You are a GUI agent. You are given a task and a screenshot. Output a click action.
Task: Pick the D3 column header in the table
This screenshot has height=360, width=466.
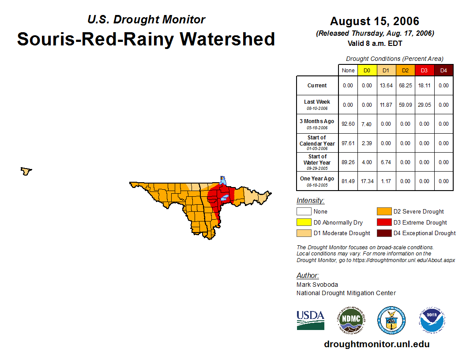click(424, 71)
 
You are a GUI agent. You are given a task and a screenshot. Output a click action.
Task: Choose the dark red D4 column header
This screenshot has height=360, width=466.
click(443, 71)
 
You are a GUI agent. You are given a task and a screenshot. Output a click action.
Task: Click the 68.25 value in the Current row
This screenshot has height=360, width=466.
click(405, 86)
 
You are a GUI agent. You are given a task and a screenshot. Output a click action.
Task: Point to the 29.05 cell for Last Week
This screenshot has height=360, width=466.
click(424, 105)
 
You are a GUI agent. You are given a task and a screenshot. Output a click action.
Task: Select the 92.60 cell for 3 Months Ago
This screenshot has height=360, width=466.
click(348, 124)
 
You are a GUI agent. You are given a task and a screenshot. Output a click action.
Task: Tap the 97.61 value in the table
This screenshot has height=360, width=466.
click(348, 143)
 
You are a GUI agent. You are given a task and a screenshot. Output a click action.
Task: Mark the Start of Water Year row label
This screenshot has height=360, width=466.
click(317, 162)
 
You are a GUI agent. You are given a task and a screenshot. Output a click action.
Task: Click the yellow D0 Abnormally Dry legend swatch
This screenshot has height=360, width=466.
click(304, 222)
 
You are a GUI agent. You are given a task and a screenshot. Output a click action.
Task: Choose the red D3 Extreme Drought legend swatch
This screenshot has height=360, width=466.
click(383, 222)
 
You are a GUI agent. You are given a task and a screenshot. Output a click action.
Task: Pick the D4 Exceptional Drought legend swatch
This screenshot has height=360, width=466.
click(383, 233)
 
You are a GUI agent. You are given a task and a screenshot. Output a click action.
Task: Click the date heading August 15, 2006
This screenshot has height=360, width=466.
click(375, 21)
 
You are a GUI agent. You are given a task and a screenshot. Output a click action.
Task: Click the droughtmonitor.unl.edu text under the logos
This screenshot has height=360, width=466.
click(377, 344)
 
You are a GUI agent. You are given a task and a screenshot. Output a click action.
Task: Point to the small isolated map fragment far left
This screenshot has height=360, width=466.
click(26, 171)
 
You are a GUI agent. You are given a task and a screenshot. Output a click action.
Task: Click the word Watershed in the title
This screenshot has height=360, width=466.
click(227, 39)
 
